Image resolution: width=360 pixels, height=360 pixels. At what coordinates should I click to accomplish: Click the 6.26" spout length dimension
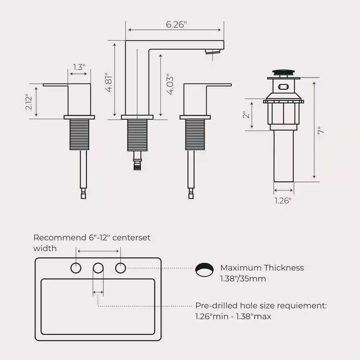point(176,25)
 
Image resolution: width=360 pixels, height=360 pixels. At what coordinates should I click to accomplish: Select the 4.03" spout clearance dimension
point(170,85)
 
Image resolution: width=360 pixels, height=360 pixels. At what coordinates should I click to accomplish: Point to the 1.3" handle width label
point(79,67)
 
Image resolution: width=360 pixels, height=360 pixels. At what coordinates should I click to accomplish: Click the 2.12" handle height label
point(30,102)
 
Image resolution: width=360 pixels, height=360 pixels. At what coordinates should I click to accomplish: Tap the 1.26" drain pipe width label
point(283,201)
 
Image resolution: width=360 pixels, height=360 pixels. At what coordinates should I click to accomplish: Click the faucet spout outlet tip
point(212,52)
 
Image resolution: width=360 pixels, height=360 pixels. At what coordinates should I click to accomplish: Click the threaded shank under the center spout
point(137,135)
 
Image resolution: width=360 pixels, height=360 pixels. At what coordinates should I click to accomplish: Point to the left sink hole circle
point(76,268)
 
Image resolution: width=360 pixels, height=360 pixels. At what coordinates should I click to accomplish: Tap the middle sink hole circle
point(98,268)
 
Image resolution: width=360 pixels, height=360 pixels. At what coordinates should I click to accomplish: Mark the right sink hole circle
point(121,268)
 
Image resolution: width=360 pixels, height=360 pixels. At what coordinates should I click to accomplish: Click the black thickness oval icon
point(204,269)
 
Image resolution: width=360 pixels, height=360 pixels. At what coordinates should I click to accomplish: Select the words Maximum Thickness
point(262,268)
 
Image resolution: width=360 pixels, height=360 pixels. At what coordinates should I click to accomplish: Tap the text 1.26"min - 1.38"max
point(233,317)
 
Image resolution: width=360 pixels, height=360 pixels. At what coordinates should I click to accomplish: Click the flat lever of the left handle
point(56,85)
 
